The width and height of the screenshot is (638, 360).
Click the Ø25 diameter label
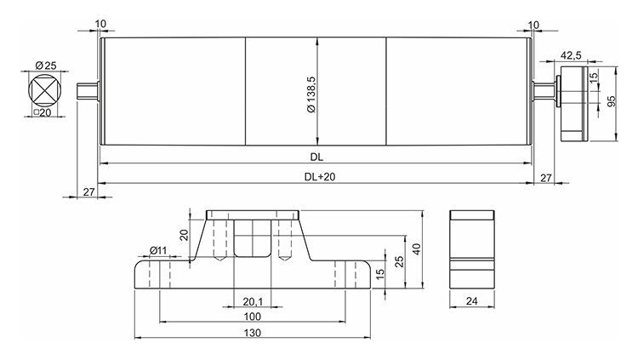pyautogui.click(x=46, y=66)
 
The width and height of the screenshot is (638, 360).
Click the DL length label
pyautogui.click(x=316, y=157)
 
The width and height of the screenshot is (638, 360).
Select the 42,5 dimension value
pyautogui.click(x=572, y=55)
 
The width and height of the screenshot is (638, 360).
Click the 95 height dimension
pyautogui.click(x=609, y=100)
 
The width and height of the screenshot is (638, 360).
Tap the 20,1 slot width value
pyautogui.click(x=251, y=300)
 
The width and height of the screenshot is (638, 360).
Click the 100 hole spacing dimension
pyautogui.click(x=253, y=316)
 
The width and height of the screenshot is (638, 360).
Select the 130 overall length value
pyautogui.click(x=253, y=333)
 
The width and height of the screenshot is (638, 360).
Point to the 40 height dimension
pyautogui.click(x=417, y=248)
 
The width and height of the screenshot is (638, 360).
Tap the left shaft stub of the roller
pyautogui.click(x=88, y=91)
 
